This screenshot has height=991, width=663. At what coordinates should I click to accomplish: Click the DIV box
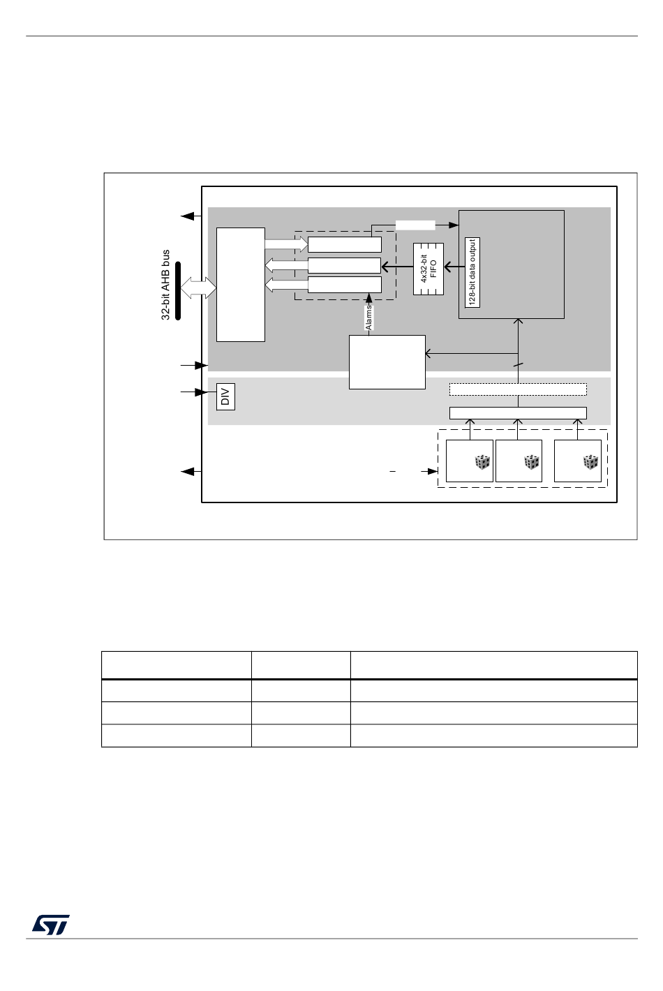[225, 396]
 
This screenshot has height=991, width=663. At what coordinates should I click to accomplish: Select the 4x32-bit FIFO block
[428, 269]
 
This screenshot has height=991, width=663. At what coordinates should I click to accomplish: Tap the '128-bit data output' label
[472, 272]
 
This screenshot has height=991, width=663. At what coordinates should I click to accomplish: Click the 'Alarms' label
[369, 318]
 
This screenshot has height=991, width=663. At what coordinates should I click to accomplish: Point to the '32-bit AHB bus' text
[165, 285]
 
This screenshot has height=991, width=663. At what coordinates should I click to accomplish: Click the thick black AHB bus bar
[178, 290]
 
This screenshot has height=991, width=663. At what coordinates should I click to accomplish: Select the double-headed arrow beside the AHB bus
[198, 288]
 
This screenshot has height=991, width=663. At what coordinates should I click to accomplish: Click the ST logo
[50, 925]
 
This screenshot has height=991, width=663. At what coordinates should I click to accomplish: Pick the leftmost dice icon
[482, 462]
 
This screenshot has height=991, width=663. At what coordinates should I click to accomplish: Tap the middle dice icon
[531, 462]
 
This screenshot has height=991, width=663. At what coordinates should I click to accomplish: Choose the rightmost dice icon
[590, 462]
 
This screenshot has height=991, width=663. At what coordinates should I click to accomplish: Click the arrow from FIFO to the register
[397, 267]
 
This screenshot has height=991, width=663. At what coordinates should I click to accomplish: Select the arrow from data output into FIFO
[455, 267]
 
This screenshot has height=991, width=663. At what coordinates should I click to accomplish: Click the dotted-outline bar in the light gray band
[518, 389]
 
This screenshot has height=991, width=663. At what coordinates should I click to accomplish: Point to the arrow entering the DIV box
[194, 392]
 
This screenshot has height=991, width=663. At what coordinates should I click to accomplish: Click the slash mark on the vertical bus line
[518, 365]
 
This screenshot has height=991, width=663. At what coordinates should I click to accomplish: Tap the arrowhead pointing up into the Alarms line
[369, 298]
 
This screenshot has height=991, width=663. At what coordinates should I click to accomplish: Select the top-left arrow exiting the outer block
[191, 216]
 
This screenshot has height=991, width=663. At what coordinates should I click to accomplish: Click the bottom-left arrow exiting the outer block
[191, 472]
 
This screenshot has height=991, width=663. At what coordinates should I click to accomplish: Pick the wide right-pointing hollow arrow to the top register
[286, 244]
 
